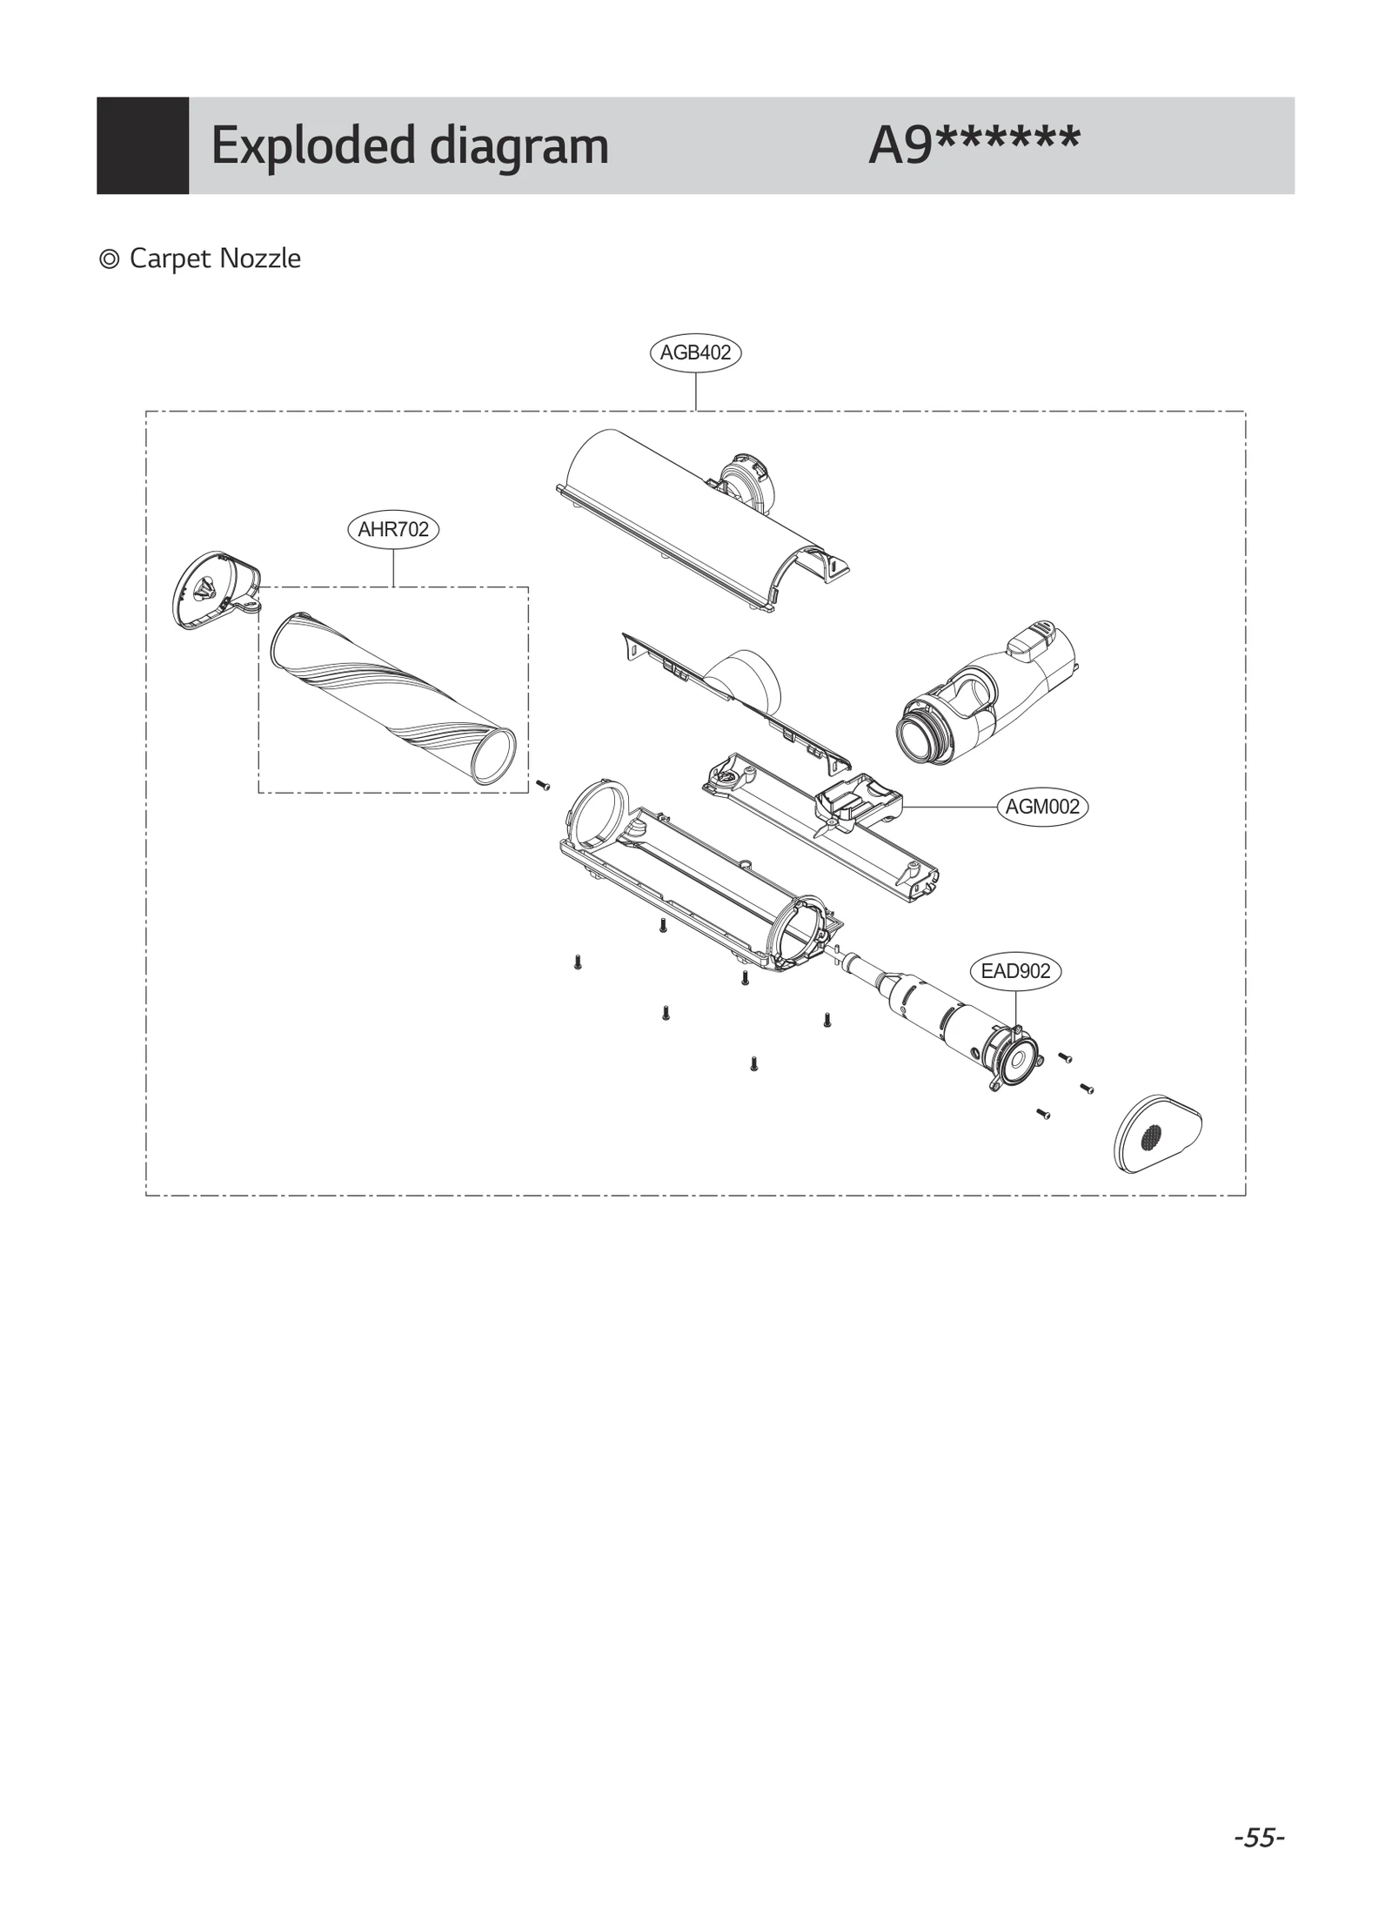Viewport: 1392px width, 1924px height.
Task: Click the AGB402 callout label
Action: tap(695, 353)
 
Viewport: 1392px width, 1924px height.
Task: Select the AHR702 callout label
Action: tap(393, 529)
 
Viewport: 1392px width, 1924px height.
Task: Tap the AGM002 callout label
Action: tap(1042, 807)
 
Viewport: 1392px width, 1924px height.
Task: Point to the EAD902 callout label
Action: tap(1015, 971)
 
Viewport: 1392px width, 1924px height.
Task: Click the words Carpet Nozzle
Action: tap(215, 258)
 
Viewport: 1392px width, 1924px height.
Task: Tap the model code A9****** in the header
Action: tap(974, 145)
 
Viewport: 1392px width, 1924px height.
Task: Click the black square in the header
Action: tap(143, 145)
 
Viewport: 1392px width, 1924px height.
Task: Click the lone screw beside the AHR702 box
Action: tap(544, 785)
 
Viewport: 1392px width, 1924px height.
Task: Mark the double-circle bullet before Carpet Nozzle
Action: tap(110, 259)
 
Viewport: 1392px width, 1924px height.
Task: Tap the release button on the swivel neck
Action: tap(1032, 638)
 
